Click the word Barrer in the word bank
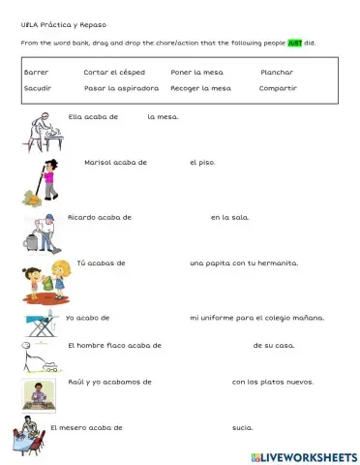[36, 72]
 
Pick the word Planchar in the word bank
[276, 72]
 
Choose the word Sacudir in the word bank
[38, 88]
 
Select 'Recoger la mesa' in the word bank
[200, 88]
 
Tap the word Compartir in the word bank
[278, 88]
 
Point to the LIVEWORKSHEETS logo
[303, 455]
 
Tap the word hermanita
[276, 263]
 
